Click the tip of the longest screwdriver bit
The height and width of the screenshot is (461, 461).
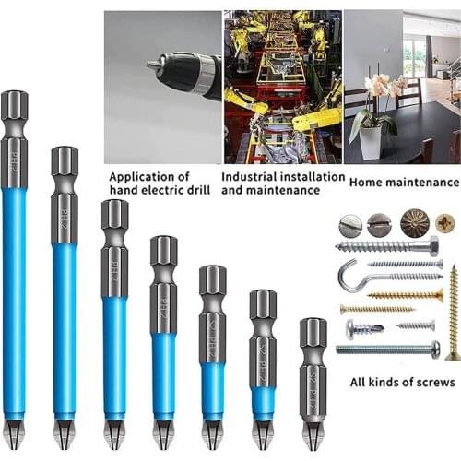pos(14,431)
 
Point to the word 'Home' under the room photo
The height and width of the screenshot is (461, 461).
pos(363,183)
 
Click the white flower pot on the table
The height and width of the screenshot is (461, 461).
pos(372,143)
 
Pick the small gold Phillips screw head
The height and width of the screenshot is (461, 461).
pos(445,221)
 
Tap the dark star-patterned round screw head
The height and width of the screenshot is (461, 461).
pos(414,222)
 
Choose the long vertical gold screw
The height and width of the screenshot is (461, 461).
pos(453,313)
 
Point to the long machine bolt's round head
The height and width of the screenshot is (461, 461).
pos(434,349)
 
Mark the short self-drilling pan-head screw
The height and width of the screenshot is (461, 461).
pos(363,327)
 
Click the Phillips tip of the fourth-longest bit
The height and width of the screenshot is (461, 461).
pos(163,431)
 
